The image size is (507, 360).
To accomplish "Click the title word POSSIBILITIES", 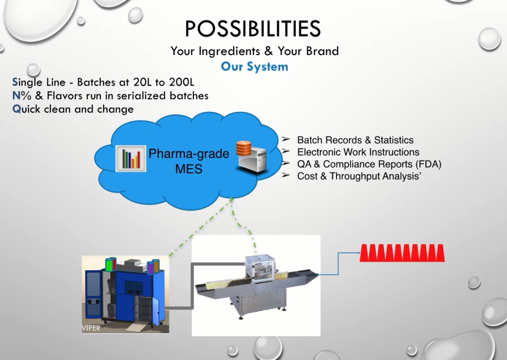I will (x=253, y=29).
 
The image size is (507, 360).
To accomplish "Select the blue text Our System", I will (x=254, y=66).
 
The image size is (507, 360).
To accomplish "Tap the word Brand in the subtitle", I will (x=322, y=51).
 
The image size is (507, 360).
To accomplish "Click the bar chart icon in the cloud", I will (x=131, y=159).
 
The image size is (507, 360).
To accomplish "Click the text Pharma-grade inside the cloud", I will (x=188, y=154).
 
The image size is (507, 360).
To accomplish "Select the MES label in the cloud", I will (x=188, y=169).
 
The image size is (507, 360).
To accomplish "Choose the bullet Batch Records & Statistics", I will (x=355, y=140).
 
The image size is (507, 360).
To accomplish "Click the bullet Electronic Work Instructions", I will (x=358, y=152).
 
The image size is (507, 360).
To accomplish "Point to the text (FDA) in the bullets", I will (x=427, y=164).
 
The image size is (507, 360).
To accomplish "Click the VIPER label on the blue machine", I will (x=91, y=328).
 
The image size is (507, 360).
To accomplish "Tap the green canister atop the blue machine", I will (x=111, y=264).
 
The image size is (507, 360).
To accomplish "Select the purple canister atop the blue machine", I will (x=151, y=267).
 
